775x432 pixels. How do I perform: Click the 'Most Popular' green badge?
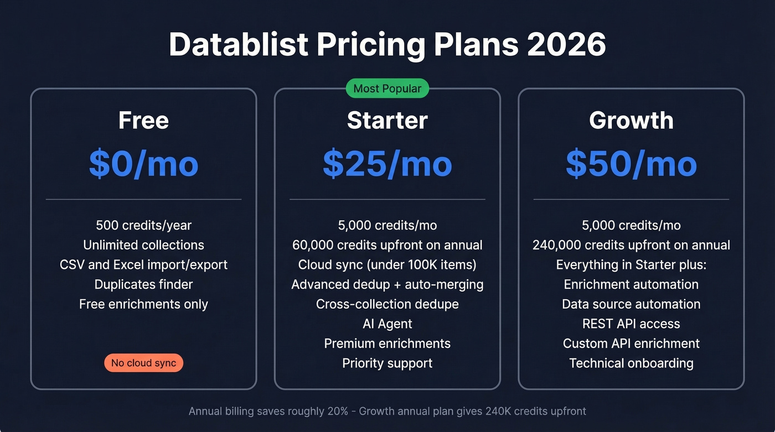click(387, 89)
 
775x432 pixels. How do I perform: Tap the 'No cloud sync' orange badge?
click(143, 363)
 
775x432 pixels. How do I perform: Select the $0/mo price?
click(143, 164)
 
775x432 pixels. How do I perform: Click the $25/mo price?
click(387, 164)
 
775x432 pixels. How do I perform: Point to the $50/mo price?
click(631, 164)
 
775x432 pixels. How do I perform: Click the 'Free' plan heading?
click(143, 121)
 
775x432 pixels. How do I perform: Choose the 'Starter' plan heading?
click(387, 121)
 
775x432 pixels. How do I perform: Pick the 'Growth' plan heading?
click(631, 121)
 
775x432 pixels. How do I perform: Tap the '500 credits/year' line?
click(143, 225)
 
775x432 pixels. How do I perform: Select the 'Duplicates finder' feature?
click(143, 284)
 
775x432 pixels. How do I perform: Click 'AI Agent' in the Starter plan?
click(387, 324)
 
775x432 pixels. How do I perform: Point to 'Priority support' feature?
click(387, 363)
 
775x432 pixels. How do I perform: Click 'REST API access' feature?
click(631, 324)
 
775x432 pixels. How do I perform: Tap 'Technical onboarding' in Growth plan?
click(631, 363)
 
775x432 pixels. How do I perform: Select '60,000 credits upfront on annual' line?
click(387, 245)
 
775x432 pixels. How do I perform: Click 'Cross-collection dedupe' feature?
click(387, 304)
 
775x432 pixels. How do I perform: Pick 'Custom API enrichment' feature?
click(631, 343)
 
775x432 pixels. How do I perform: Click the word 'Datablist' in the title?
click(239, 44)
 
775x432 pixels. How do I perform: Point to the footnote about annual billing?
click(387, 411)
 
